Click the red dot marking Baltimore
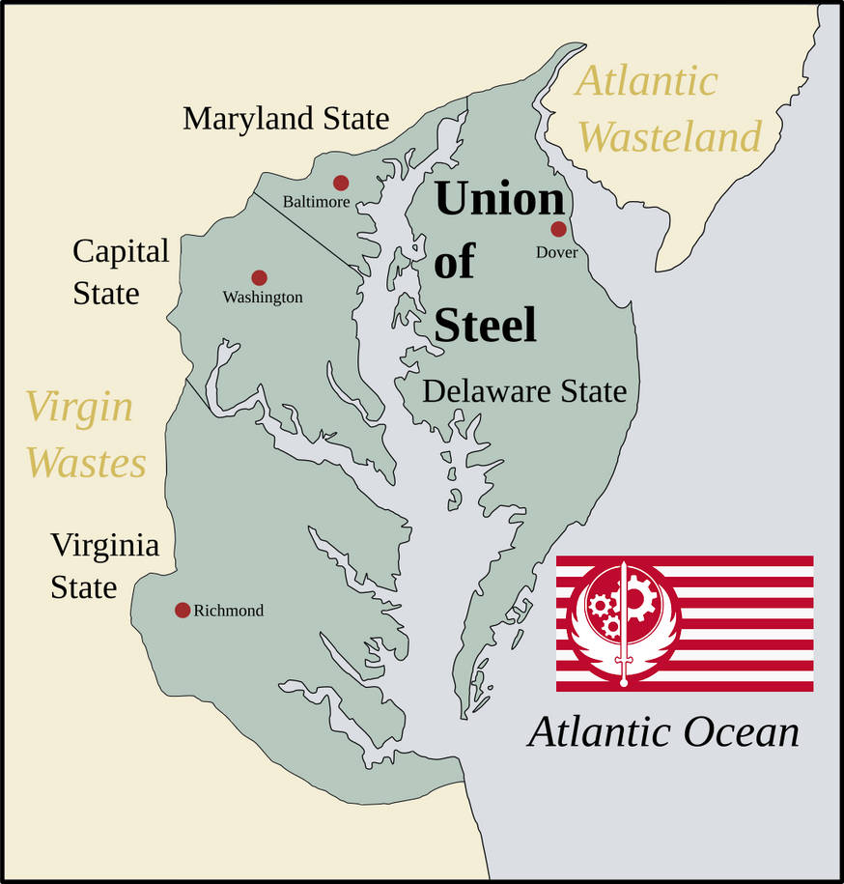click(340, 183)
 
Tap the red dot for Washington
click(259, 277)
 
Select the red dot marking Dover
click(558, 229)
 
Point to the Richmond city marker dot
click(183, 610)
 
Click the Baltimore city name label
click(316, 202)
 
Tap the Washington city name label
click(263, 298)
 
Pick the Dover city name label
click(557, 252)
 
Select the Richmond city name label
click(228, 611)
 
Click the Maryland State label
click(286, 119)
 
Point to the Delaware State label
click(524, 391)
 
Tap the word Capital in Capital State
click(121, 252)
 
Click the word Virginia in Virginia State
click(105, 546)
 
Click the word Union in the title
click(499, 198)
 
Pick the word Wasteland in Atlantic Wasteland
click(670, 137)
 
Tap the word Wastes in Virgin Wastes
click(86, 463)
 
